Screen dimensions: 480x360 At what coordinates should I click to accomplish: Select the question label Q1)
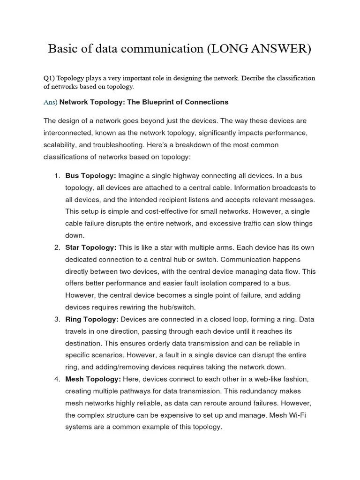pos(50,78)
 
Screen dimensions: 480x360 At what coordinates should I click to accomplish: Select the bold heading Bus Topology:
pos(90,176)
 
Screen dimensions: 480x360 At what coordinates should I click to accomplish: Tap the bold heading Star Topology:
pos(91,247)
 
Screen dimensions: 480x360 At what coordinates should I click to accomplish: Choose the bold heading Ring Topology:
pos(92,319)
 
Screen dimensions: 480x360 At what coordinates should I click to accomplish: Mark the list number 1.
pos(57,176)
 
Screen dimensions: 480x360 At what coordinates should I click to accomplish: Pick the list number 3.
pos(57,319)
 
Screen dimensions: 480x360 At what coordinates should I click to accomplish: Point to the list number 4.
pos(57,379)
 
